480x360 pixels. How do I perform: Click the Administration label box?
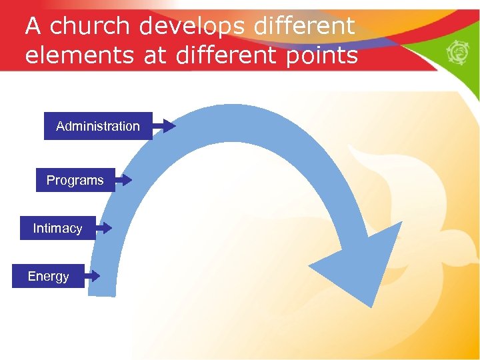coord(98,126)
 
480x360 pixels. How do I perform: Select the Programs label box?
coord(75,180)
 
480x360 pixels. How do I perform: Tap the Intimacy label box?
coord(58,228)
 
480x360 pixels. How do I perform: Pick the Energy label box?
coord(48,276)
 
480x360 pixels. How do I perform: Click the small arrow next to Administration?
coord(165,125)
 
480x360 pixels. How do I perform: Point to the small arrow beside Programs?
coord(123,179)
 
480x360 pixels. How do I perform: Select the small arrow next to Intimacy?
coord(103,227)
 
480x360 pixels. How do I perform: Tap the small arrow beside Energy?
coord(92,275)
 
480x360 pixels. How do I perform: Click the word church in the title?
coord(90,27)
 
